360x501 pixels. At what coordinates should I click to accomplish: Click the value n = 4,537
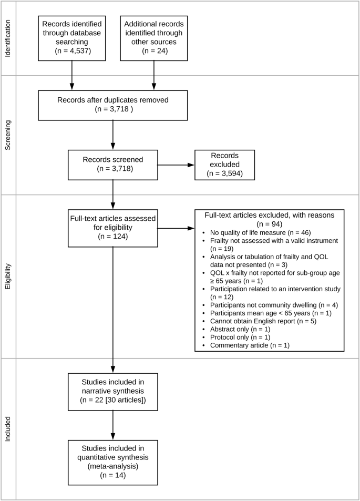pyautogui.click(x=72, y=52)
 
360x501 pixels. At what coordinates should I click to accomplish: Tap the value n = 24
pyautogui.click(x=153, y=52)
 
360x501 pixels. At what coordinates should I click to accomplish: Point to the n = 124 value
pyautogui.click(x=113, y=238)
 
